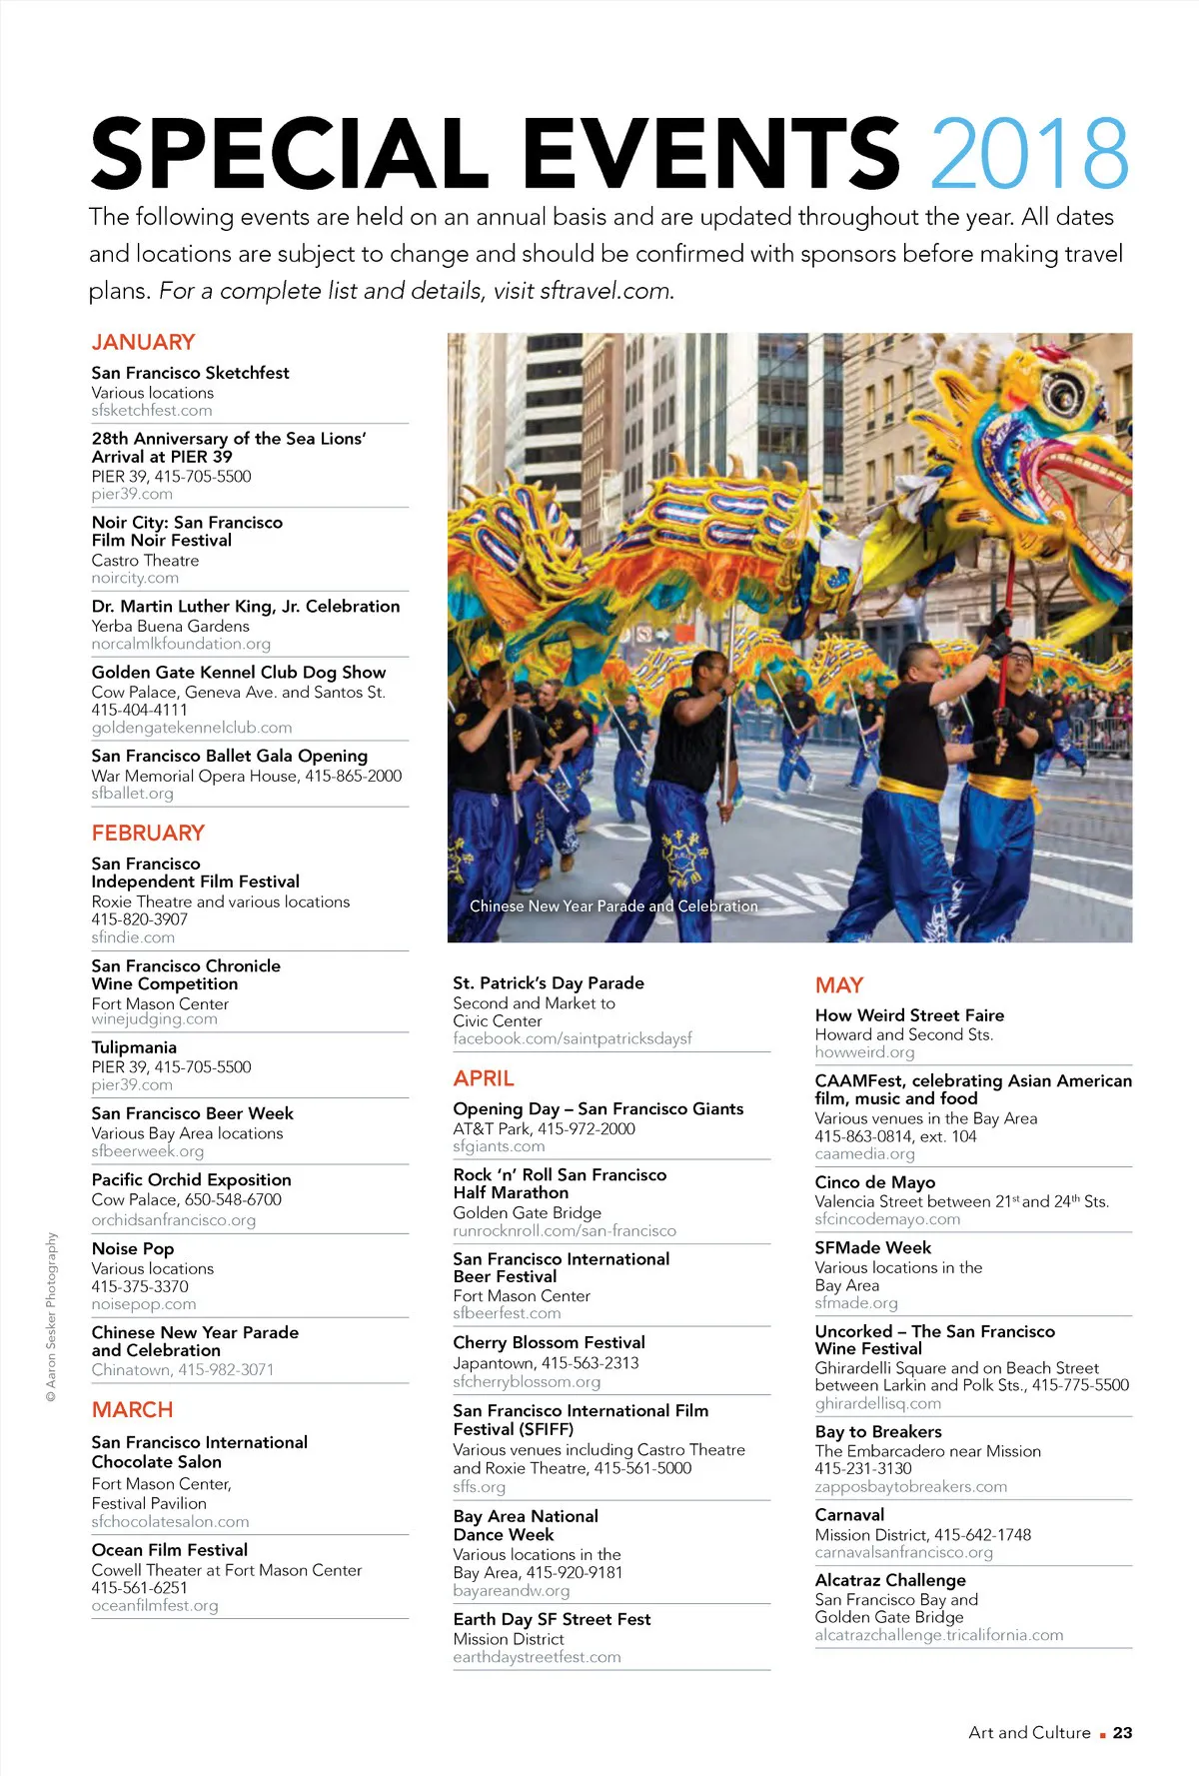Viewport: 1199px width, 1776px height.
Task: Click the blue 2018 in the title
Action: click(x=1029, y=153)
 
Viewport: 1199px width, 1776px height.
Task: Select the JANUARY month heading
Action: click(x=143, y=342)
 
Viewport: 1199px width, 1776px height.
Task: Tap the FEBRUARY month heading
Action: click(x=148, y=833)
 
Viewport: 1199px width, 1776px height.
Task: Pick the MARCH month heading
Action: click(x=132, y=1409)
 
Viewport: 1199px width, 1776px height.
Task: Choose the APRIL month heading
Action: click(x=484, y=1078)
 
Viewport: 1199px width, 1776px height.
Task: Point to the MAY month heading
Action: click(x=838, y=985)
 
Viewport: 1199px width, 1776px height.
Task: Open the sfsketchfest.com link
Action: click(x=152, y=410)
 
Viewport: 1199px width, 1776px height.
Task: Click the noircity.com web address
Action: click(x=135, y=578)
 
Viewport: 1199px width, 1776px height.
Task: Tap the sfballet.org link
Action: click(x=132, y=793)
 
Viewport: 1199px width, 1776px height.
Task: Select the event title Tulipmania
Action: click(x=134, y=1047)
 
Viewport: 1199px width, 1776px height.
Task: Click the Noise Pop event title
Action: click(x=133, y=1248)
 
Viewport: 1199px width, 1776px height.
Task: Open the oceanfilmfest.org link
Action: click(x=155, y=1605)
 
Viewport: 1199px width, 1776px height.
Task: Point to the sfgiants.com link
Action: click(x=499, y=1146)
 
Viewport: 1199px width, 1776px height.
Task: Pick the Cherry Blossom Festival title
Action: click(x=549, y=1342)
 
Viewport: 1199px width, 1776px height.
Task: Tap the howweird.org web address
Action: click(x=864, y=1052)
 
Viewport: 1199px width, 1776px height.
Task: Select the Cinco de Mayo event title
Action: click(x=874, y=1182)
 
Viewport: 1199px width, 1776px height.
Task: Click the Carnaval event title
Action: click(x=849, y=1515)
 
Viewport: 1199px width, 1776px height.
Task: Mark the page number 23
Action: click(x=1122, y=1733)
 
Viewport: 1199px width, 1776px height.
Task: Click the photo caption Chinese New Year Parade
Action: click(x=613, y=905)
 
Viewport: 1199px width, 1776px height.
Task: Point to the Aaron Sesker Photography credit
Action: click(x=51, y=1316)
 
